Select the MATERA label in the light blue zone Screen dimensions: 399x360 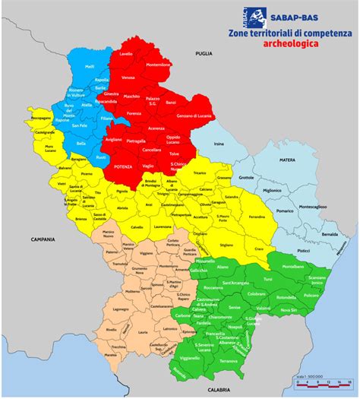[286, 160]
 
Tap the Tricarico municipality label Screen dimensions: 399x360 [199, 174]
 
